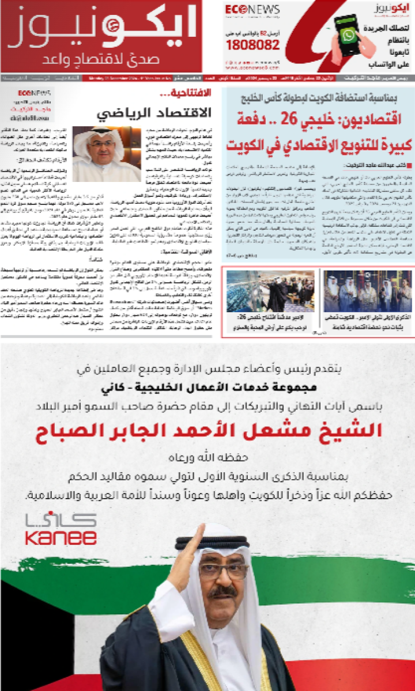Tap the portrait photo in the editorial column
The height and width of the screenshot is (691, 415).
(107, 154)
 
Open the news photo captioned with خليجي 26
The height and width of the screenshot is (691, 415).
(271, 291)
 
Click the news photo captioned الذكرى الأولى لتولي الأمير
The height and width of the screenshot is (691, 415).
(367, 291)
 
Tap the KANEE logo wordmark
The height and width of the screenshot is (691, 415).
(61, 538)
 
